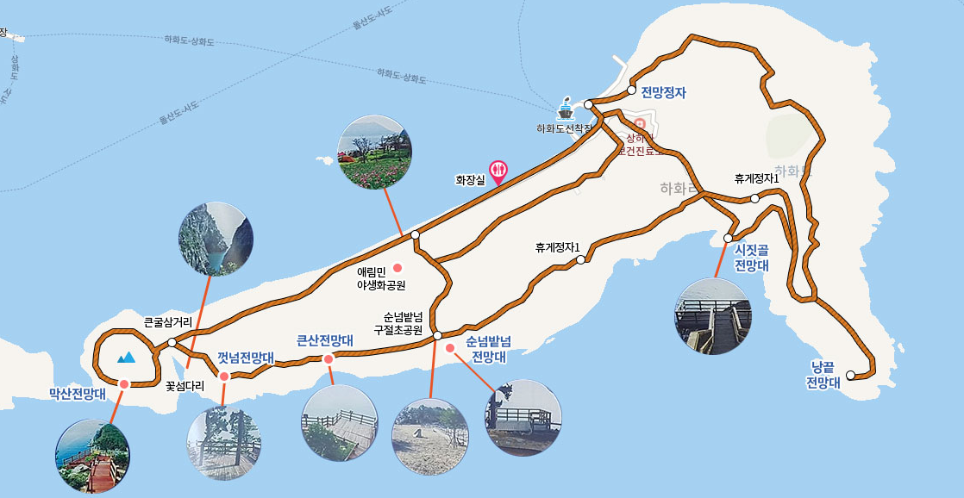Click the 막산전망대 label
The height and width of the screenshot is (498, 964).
point(78,394)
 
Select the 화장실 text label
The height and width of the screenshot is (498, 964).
point(471,181)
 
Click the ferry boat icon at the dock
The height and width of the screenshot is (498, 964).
point(566,109)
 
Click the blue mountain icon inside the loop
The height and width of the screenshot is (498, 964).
point(126,356)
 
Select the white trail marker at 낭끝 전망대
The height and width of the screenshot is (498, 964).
point(850,375)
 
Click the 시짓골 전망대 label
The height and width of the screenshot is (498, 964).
point(751,258)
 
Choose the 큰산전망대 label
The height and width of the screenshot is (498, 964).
point(325,340)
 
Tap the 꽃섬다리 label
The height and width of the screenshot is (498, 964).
point(185,386)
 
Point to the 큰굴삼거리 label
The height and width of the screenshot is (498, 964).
point(167,323)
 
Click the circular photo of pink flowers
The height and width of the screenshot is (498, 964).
point(374,152)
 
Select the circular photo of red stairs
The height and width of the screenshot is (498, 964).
point(92,456)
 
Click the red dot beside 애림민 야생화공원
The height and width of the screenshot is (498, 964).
point(397,265)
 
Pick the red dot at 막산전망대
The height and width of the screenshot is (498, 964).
point(124,383)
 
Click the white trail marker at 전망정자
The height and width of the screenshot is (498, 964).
point(632,90)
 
